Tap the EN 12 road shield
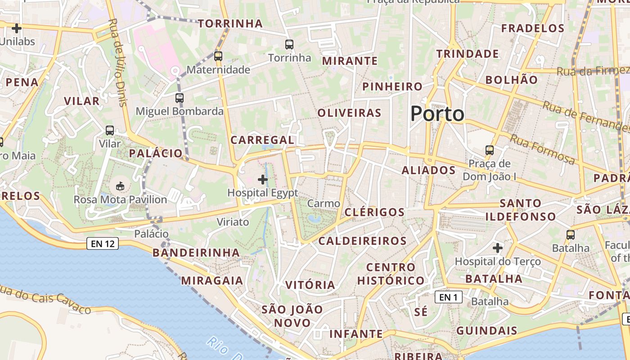103,244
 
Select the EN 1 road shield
448,297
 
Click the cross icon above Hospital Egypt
263,180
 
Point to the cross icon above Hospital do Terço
497,247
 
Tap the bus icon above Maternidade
218,56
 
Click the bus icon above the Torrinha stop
289,45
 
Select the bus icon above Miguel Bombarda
180,98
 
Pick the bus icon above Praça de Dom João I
490,150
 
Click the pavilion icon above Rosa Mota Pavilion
120,186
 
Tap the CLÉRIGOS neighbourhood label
374,212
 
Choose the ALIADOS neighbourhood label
428,170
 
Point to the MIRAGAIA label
212,281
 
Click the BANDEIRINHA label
196,252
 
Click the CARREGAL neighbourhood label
262,140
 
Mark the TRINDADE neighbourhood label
468,54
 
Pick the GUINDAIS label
486,331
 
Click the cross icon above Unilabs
17,28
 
